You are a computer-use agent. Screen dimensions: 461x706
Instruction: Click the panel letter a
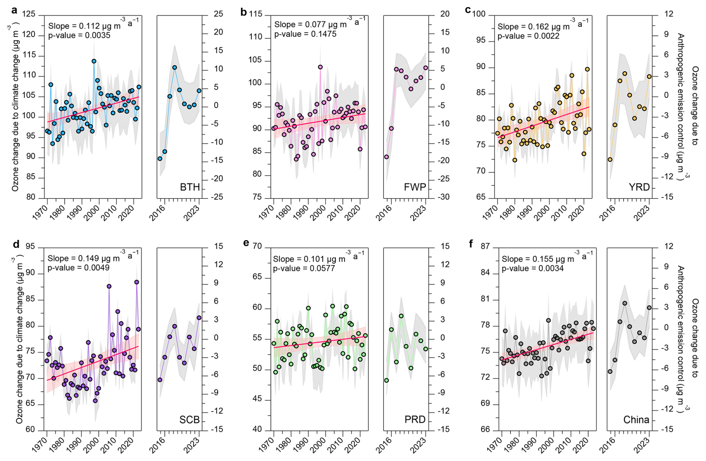click(x=14, y=10)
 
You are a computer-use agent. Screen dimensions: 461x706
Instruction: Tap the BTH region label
click(x=190, y=187)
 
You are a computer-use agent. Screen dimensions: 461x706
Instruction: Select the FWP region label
click(x=415, y=187)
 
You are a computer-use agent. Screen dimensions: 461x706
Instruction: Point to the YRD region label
click(x=639, y=187)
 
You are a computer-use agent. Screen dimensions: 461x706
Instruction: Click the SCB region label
click(x=190, y=420)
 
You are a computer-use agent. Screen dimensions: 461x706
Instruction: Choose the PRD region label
click(x=415, y=420)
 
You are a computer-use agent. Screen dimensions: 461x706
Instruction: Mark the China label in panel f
click(x=636, y=420)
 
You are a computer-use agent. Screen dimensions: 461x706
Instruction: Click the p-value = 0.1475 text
click(x=305, y=34)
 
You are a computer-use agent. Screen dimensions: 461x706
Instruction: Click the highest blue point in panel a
click(x=94, y=61)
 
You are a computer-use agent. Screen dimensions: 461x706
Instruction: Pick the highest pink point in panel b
click(x=320, y=67)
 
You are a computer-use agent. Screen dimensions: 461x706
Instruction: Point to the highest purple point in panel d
click(x=137, y=282)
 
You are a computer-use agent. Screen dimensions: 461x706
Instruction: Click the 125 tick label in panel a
click(x=29, y=14)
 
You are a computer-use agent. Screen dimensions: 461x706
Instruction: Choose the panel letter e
click(x=246, y=243)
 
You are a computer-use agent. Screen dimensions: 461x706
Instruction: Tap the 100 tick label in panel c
click(x=479, y=14)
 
